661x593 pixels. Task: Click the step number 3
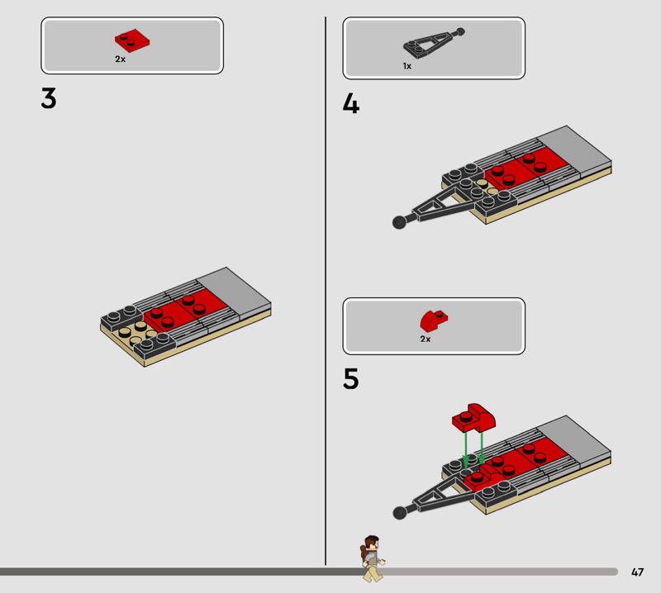[49, 98]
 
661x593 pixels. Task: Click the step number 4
[350, 103]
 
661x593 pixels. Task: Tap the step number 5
[350, 378]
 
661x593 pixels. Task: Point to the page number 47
[637, 572]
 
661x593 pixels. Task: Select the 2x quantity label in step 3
[120, 59]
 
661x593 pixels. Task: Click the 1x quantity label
[407, 66]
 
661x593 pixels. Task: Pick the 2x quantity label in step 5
[426, 339]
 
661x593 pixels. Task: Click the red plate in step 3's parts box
[132, 40]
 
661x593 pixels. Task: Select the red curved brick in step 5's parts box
[434, 320]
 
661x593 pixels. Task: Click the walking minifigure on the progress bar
[372, 558]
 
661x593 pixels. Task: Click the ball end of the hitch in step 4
[399, 221]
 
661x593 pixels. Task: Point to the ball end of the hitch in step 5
[399, 513]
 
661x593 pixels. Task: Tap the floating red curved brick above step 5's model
[473, 418]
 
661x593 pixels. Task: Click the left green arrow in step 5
[465, 449]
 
